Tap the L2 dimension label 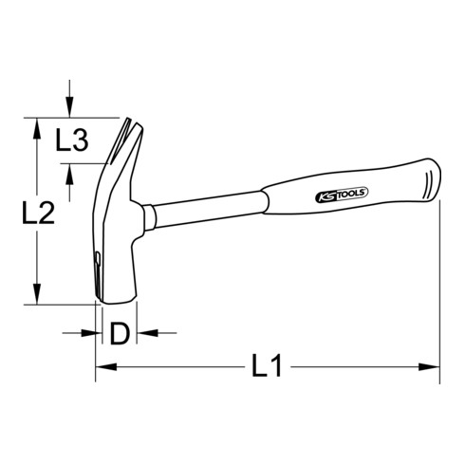click(x=37, y=214)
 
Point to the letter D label click(x=119, y=333)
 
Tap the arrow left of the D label click(x=90, y=333)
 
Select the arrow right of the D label click(x=143, y=333)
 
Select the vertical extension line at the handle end click(x=440, y=285)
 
